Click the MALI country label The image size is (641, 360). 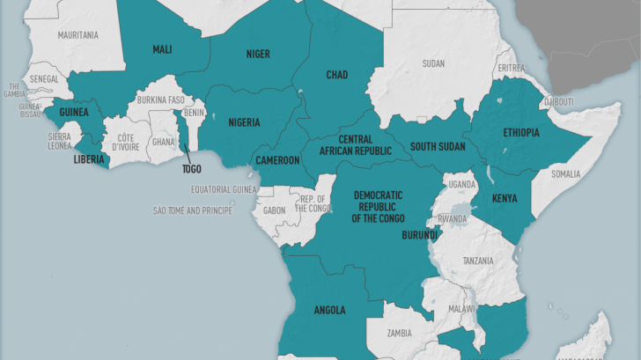coord(162,49)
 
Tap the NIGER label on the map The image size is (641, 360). coord(258,54)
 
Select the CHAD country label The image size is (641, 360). coord(337,75)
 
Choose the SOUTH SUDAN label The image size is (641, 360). coord(437,146)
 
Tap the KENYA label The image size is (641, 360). coord(505,198)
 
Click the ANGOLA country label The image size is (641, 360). coord(329,310)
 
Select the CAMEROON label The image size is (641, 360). coord(277,160)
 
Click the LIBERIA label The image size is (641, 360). coord(90,159)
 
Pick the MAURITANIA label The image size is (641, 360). coord(78,35)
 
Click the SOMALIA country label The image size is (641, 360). coord(566,174)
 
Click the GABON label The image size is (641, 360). coord(274,211)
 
